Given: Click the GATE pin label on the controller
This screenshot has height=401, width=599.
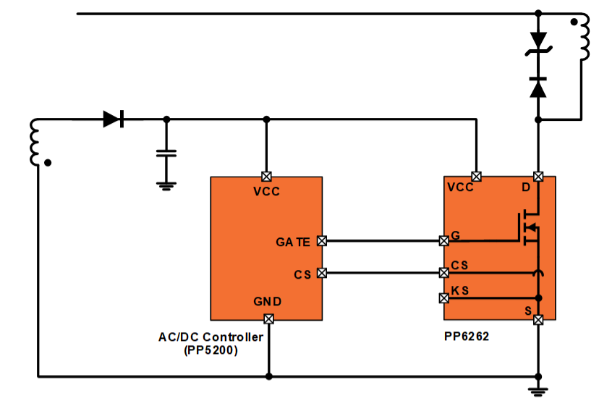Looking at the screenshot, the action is click(x=293, y=242).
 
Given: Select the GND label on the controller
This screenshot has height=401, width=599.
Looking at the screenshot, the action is click(x=268, y=302).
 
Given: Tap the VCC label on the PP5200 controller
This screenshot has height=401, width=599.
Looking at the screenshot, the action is click(x=267, y=191).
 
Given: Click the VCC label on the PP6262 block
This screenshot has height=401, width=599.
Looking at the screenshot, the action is click(x=460, y=187).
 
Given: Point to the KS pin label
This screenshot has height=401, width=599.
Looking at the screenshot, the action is click(x=460, y=290).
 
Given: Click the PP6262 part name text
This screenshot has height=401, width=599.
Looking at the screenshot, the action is click(x=467, y=337).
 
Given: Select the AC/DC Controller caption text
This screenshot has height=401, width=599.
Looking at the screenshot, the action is click(x=211, y=337).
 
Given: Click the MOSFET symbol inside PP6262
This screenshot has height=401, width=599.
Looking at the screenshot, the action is click(x=529, y=228).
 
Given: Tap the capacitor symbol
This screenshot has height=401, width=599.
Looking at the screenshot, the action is click(x=166, y=153).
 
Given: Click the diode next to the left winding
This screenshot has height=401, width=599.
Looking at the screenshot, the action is click(x=114, y=119).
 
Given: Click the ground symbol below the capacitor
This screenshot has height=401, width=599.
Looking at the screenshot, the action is click(x=166, y=186).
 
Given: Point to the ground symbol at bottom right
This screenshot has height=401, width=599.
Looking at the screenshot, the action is click(x=538, y=392).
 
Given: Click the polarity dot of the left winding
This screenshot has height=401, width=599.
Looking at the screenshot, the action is click(x=48, y=163).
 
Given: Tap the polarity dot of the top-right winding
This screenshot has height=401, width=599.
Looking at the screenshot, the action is click(x=574, y=22).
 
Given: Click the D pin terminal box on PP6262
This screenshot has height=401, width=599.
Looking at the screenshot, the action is click(x=538, y=177).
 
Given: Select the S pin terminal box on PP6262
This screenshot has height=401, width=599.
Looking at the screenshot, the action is click(x=538, y=320).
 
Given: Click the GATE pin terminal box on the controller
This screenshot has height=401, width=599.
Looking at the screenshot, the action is click(x=322, y=241).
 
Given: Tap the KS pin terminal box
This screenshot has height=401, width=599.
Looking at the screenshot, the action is click(x=444, y=297).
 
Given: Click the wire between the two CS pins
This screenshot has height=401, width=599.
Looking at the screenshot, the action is click(x=383, y=273).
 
